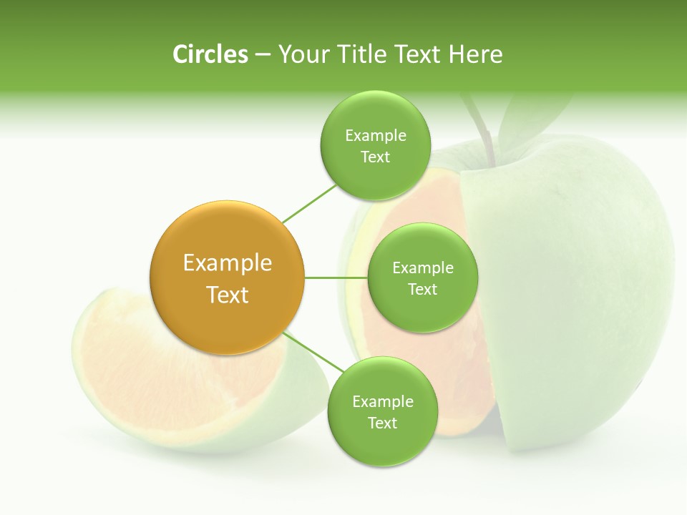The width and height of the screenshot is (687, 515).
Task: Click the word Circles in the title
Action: [210, 54]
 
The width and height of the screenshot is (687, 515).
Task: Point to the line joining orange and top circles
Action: [309, 203]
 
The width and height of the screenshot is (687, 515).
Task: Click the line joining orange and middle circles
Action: [336, 278]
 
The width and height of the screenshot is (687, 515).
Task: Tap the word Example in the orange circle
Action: [227, 263]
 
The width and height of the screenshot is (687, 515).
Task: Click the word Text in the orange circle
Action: [227, 295]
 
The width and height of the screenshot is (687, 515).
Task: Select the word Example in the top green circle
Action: [375, 136]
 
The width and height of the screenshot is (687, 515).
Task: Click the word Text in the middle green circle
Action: [422, 290]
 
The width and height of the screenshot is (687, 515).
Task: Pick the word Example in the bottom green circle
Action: [382, 402]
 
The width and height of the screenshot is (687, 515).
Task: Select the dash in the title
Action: [262, 55]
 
